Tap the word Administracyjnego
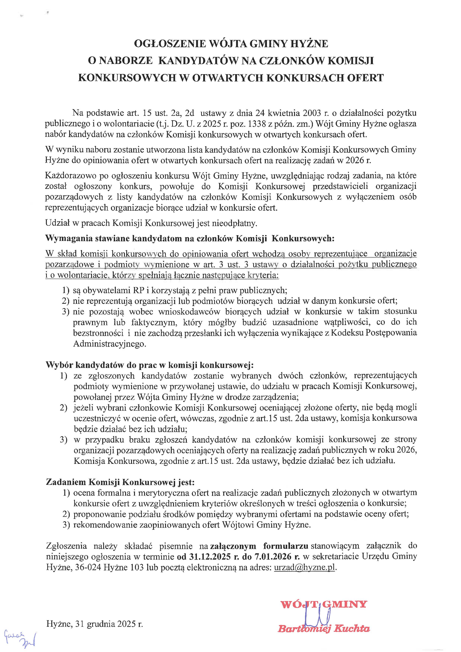tap(109, 344)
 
